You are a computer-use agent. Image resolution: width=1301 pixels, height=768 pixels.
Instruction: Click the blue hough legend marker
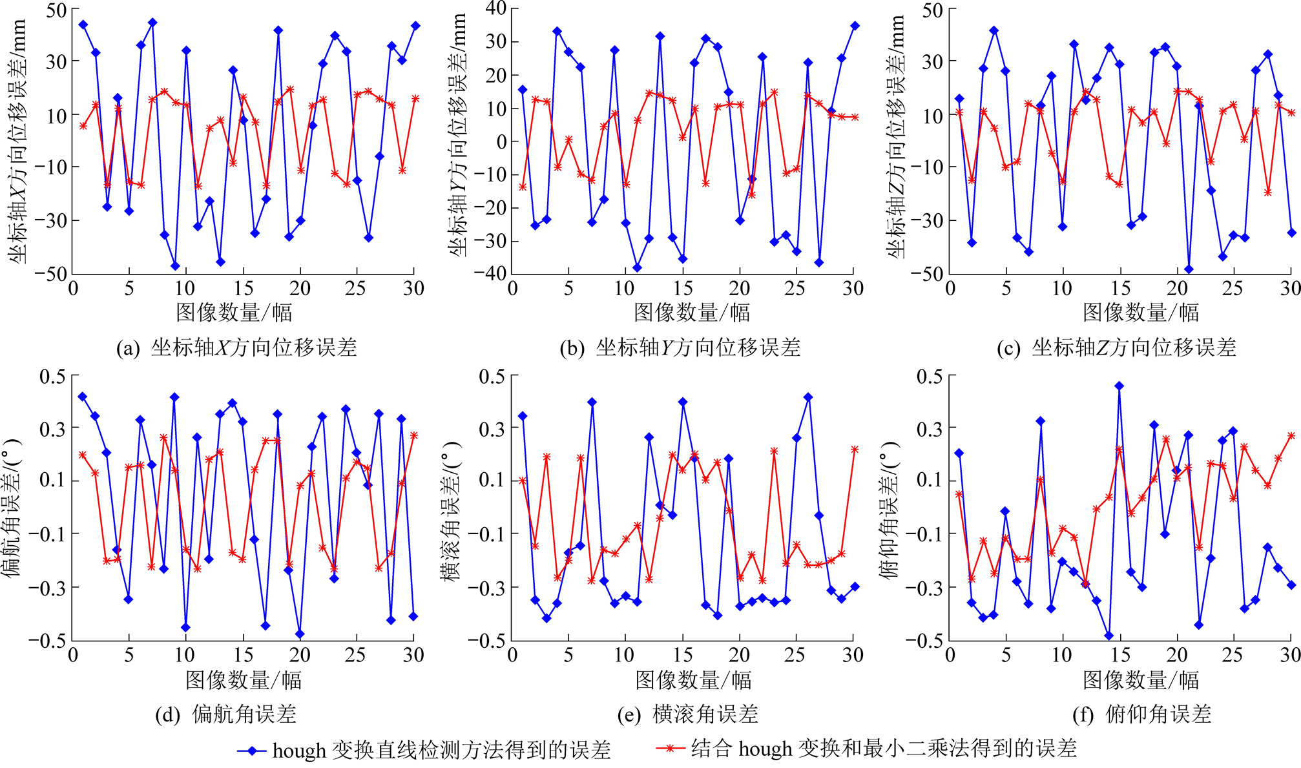[252, 751]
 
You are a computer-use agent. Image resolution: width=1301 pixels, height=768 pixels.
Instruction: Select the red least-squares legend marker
[670, 749]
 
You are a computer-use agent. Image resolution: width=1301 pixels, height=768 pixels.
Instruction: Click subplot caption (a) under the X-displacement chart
[236, 348]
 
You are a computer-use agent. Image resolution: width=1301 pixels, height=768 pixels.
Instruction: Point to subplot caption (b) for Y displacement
[680, 348]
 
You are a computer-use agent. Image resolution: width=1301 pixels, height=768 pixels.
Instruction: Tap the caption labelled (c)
[1116, 348]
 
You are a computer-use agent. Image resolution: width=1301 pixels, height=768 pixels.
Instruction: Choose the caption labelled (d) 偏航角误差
[226, 714]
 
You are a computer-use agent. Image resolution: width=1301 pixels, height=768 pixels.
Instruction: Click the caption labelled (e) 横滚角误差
[687, 714]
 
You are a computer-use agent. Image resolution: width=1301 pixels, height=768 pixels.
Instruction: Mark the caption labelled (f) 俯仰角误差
[1141, 714]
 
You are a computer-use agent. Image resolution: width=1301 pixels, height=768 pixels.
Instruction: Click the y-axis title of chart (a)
[17, 141]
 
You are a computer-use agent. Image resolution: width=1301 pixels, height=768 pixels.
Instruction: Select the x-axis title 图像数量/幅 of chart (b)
[692, 313]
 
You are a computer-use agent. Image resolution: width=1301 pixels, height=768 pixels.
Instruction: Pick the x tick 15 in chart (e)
[683, 656]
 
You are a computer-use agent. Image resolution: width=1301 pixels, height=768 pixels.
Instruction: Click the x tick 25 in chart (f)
[1233, 656]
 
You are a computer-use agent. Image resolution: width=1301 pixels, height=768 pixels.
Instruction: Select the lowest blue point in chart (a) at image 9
[175, 266]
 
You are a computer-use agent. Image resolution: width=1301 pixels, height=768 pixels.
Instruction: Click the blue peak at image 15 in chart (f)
[1119, 386]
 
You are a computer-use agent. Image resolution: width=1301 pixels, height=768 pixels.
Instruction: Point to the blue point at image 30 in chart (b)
[855, 26]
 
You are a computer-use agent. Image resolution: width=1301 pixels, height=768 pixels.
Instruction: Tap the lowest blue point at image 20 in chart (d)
[300, 634]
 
